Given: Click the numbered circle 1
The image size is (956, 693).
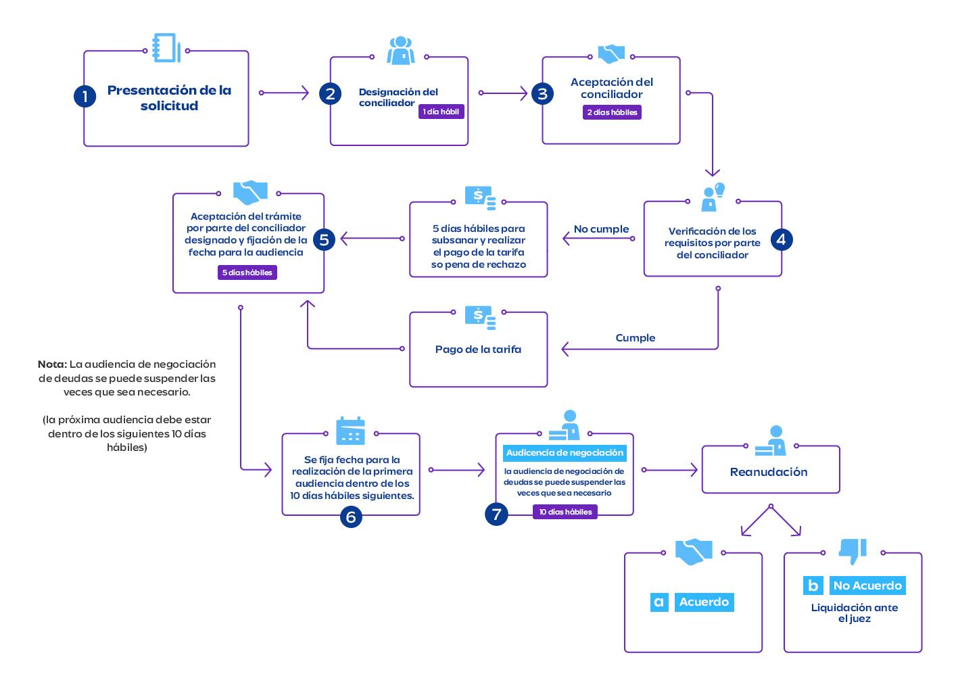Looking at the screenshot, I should point(85,96).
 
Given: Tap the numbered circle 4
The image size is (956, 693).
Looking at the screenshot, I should point(781,239).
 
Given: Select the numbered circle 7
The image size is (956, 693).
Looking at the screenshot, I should point(496,514).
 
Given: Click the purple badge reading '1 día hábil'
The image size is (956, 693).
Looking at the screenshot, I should point(441,112).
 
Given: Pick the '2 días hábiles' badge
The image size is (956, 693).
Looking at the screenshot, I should point(612,112).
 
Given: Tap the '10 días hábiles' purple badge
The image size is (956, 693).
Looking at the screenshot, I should point(565,512).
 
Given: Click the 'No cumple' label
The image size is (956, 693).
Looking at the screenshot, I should point(601,229).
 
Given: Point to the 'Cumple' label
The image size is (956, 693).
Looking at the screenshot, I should point(635,337).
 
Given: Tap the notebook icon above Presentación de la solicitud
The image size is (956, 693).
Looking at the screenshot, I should point(166,48).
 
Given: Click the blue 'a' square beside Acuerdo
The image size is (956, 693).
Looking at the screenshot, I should point(659,602).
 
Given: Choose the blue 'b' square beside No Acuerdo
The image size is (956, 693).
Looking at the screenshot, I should point(813,586).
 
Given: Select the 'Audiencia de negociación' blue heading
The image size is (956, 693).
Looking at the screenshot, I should point(565,453).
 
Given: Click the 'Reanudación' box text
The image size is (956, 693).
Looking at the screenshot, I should point(769,472).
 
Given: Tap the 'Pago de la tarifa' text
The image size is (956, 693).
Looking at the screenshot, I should point(478,350).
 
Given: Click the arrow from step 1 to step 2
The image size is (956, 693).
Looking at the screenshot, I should point(284,93).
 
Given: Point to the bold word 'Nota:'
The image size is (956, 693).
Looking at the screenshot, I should point(52,364).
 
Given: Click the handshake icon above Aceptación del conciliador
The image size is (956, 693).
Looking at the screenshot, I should point(611,54).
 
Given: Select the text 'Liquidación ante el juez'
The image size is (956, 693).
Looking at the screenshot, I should point(854,613).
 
